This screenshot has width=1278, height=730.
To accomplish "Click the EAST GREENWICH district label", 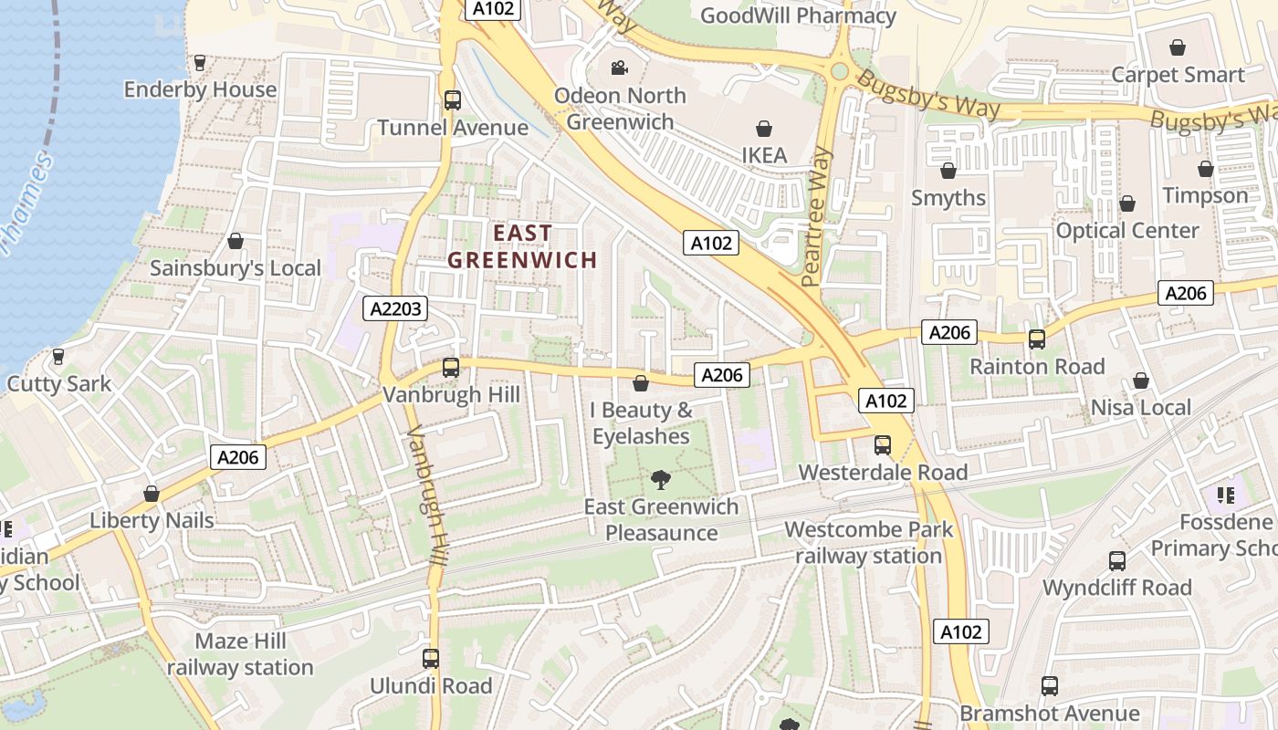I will pyautogui.click(x=522, y=246).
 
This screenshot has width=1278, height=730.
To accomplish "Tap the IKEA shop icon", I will pyautogui.click(x=764, y=130).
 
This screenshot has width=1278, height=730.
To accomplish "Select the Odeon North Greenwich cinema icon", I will pyautogui.click(x=619, y=68).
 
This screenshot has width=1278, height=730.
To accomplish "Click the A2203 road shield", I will pyautogui.click(x=397, y=308).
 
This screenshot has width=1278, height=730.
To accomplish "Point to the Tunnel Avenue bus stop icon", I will pyautogui.click(x=452, y=100).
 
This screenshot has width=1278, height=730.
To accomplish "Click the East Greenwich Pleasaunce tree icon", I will pyautogui.click(x=660, y=479).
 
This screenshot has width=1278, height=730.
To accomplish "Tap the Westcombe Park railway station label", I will pyautogui.click(x=868, y=542).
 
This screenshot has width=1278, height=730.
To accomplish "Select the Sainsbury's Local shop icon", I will pyautogui.click(x=236, y=241).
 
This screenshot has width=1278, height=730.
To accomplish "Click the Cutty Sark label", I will pyautogui.click(x=59, y=383).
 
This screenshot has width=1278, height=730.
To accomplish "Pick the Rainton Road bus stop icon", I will pyautogui.click(x=1037, y=339).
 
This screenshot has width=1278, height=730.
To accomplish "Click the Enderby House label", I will pyautogui.click(x=200, y=89).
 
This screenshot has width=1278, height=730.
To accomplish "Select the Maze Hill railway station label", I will pyautogui.click(x=240, y=654).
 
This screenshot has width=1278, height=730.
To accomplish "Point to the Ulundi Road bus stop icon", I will pyautogui.click(x=431, y=658).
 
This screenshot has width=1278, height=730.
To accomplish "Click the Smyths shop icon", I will pyautogui.click(x=948, y=171).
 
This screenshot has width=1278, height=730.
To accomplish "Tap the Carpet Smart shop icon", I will pyautogui.click(x=1178, y=47).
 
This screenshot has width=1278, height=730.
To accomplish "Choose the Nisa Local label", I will pyautogui.click(x=1141, y=408).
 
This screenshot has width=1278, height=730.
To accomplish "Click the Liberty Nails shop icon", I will pyautogui.click(x=152, y=494).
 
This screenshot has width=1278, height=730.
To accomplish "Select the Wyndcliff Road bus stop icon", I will pyautogui.click(x=1117, y=561).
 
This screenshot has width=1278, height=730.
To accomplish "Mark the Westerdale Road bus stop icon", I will pyautogui.click(x=883, y=445).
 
